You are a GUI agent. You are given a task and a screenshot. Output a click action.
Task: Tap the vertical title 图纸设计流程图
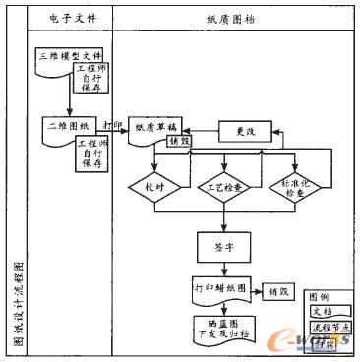pyautogui.click(x=18, y=305)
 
